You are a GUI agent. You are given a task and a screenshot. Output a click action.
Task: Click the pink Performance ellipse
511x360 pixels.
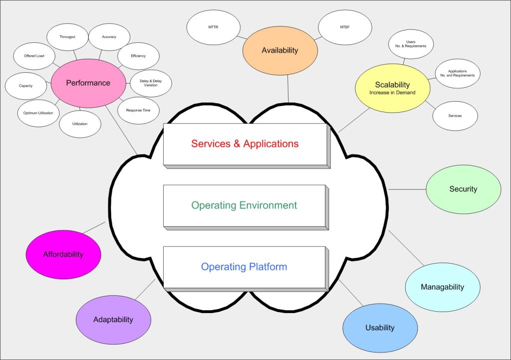(x=88, y=83)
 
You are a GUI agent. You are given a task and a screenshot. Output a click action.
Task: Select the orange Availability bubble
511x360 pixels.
(x=280, y=50)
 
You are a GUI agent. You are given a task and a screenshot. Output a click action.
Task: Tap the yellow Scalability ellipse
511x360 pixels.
(x=392, y=88)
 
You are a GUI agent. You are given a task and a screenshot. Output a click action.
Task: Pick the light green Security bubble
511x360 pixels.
(x=463, y=189)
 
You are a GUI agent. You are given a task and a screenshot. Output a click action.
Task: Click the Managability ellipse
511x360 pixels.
(x=442, y=287)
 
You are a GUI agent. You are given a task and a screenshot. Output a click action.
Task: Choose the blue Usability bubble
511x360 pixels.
(x=380, y=328)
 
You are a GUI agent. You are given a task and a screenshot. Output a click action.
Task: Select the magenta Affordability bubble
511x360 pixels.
(x=63, y=254)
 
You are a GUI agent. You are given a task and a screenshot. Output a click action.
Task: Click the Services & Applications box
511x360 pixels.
(x=245, y=144)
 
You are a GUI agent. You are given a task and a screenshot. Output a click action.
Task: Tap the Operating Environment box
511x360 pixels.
(x=244, y=205)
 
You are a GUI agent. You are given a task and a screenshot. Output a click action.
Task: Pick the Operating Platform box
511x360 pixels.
(x=244, y=267)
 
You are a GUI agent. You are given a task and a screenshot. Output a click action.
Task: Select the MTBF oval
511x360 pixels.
(x=345, y=27)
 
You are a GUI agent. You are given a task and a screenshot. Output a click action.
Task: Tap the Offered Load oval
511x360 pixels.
(x=34, y=56)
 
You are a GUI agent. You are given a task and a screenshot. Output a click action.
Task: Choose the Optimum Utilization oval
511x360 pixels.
(x=38, y=113)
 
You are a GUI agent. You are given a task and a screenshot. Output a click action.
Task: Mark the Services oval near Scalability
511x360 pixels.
(x=455, y=116)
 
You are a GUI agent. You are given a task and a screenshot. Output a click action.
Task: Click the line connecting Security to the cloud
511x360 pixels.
(x=407, y=189)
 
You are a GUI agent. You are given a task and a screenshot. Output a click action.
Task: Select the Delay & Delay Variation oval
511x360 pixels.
(x=151, y=83)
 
